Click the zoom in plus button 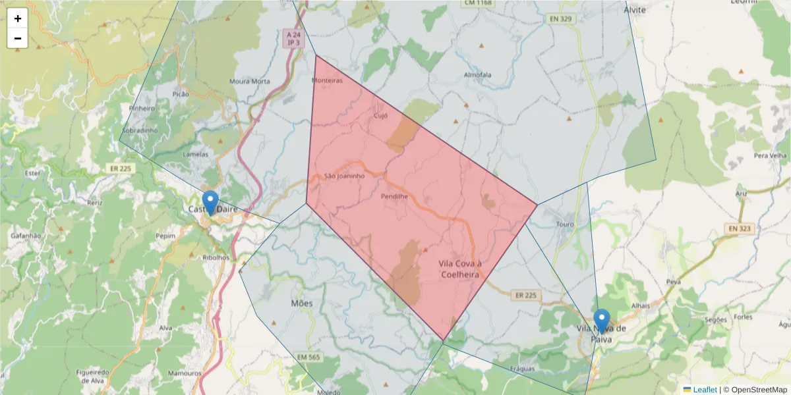[x=18, y=18]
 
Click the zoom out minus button [x=18, y=38]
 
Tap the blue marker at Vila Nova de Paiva [x=601, y=321]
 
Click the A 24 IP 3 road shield [x=293, y=38]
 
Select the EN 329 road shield [x=560, y=19]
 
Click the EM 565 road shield [x=308, y=357]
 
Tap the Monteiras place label [x=327, y=80]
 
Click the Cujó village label [x=380, y=115]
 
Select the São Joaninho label [x=344, y=176]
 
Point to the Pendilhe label [x=394, y=196]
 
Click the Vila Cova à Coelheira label [x=460, y=269]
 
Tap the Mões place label [x=301, y=303]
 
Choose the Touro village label [x=566, y=224]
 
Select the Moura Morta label [x=249, y=82]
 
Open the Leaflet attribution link [x=704, y=390]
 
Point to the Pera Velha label [x=770, y=155]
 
